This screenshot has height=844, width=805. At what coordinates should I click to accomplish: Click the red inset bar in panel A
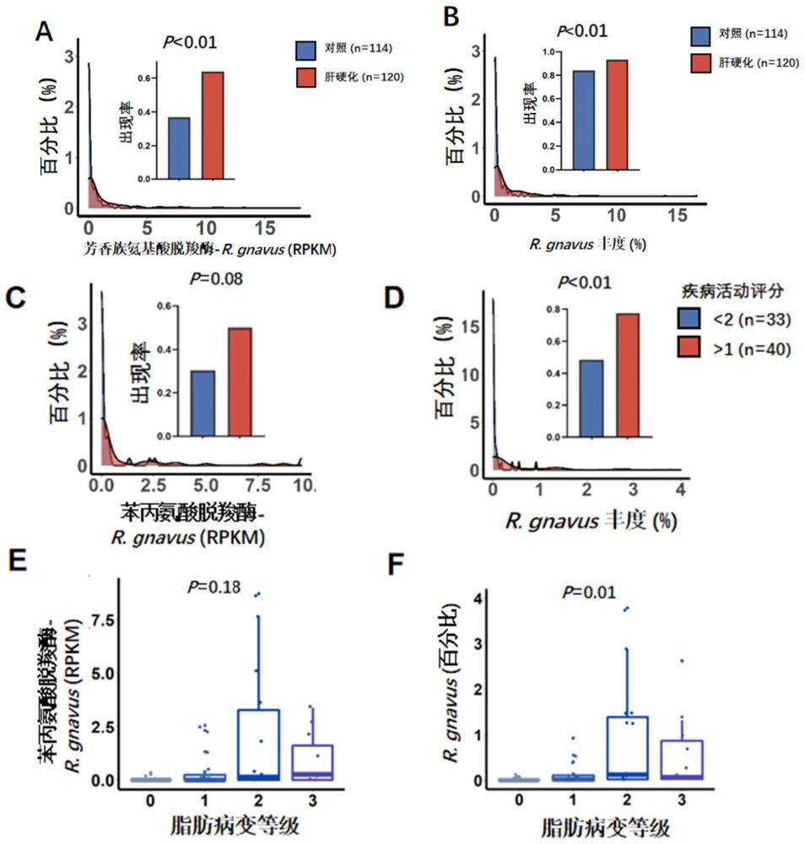pos(213,126)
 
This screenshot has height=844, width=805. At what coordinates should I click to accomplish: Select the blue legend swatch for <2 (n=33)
pos(689,318)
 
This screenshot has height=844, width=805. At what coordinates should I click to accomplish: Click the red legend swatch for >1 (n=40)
pos(689,346)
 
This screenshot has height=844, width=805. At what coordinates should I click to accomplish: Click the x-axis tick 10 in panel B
pos(616,215)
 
